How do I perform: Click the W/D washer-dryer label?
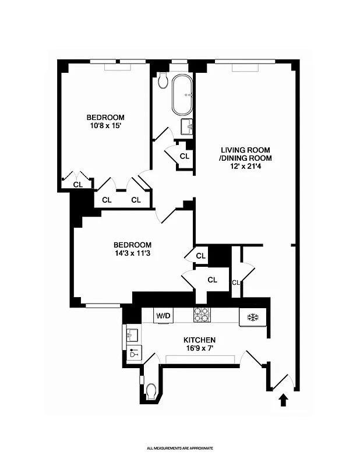163,316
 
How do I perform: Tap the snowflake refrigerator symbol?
253,317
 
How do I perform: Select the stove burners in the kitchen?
202,315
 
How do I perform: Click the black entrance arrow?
284,400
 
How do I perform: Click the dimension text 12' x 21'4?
245,166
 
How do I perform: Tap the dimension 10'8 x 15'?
105,126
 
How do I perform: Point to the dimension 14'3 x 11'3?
132,253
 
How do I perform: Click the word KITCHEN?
200,340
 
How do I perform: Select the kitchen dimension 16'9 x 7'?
200,349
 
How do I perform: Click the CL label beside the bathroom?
184,156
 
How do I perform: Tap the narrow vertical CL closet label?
236,283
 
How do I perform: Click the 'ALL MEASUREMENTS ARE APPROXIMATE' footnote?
180,448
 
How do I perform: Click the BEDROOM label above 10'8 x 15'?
105,117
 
